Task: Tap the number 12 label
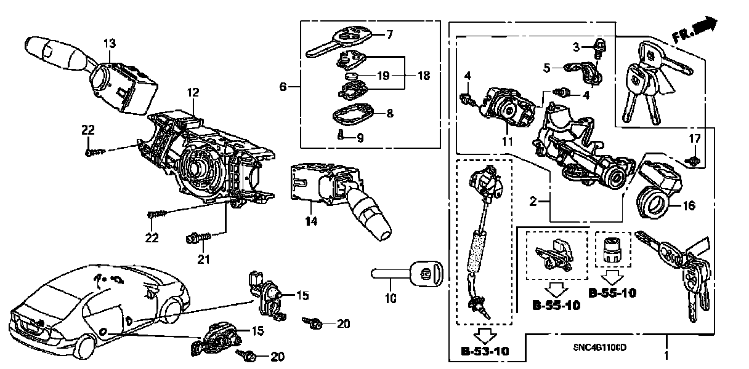click(193, 93)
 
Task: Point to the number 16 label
click(688, 205)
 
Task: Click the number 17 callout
click(694, 138)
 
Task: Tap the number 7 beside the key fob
click(389, 34)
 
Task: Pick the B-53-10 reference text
click(486, 352)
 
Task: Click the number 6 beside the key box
click(283, 87)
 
